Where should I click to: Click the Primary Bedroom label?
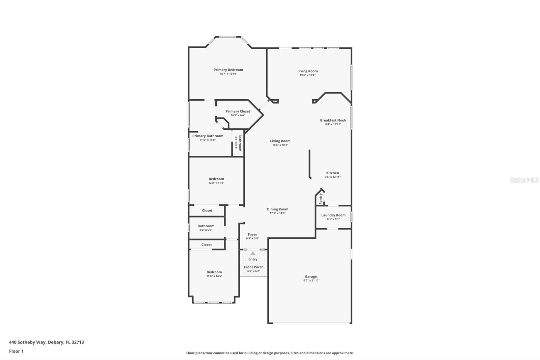click(228, 70)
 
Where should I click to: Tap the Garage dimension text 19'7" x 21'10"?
click(310, 280)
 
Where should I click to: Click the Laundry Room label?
click(333, 215)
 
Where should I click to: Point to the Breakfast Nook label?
click(333, 120)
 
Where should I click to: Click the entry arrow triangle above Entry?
click(253, 253)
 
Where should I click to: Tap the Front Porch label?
click(253, 267)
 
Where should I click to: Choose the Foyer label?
click(252, 234)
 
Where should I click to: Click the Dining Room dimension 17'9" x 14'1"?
click(277, 213)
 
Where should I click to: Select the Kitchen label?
click(332, 173)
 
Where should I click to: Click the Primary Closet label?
click(238, 111)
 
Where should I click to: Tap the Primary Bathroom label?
click(208, 136)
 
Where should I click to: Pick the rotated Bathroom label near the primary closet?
click(240, 143)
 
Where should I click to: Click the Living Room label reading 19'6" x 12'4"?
click(307, 71)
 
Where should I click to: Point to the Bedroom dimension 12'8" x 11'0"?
click(216, 183)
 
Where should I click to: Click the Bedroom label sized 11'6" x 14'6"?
click(214, 272)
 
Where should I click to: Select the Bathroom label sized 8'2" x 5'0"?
click(206, 226)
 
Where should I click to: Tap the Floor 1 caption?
click(16, 351)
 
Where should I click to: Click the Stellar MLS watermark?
click(524, 180)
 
